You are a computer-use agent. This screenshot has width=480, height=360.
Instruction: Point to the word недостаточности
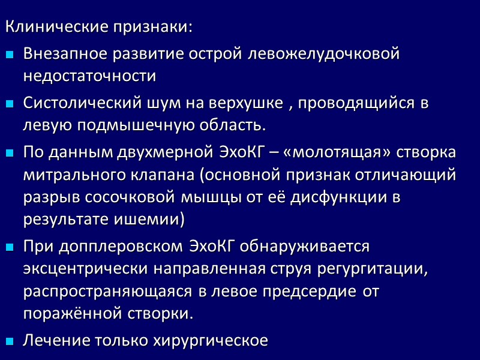point(90,77)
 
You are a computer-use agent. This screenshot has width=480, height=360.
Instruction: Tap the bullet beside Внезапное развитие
point(10,55)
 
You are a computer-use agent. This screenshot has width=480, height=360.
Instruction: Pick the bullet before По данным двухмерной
point(10,152)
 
